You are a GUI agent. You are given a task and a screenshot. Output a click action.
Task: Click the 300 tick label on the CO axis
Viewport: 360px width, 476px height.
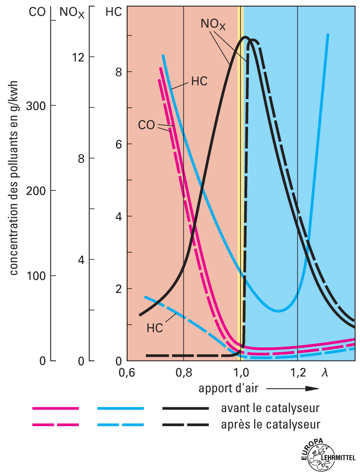click(x=36, y=106)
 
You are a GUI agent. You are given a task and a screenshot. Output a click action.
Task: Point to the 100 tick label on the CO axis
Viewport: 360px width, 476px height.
click(x=36, y=275)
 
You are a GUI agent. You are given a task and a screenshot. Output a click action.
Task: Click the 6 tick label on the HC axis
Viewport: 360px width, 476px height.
click(x=118, y=144)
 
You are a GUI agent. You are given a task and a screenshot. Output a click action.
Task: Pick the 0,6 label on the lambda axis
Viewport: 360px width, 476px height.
click(x=128, y=372)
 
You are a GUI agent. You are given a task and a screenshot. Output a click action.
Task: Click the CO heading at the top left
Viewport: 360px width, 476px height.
click(x=37, y=12)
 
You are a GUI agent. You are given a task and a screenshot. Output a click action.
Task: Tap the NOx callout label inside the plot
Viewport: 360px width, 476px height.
click(x=213, y=25)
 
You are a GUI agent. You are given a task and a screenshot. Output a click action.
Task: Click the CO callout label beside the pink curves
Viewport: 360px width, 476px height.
click(x=146, y=125)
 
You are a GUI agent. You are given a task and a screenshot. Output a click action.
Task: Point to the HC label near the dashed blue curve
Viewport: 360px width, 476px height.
click(x=154, y=328)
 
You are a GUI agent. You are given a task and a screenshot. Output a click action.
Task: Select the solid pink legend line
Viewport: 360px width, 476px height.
click(x=55, y=408)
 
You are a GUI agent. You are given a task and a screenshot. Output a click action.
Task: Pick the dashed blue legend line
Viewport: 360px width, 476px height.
click(x=120, y=425)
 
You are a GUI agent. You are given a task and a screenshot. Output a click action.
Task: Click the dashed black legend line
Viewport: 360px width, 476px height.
click(x=185, y=425)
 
